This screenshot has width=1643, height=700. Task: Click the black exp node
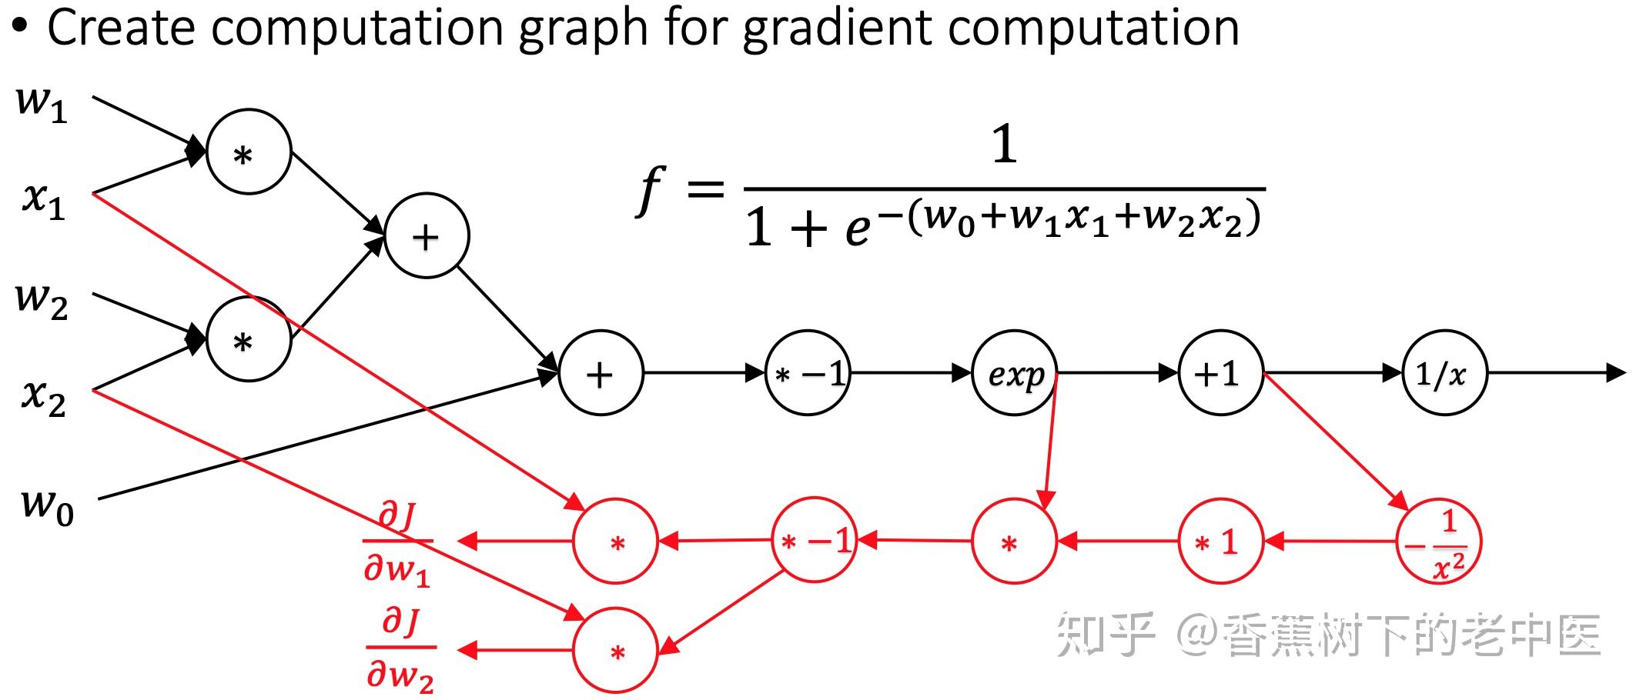(x=1015, y=374)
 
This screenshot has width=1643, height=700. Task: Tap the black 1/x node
(x=1444, y=374)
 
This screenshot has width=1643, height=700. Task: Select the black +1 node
(x=1221, y=374)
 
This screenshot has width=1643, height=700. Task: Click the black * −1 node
(x=808, y=374)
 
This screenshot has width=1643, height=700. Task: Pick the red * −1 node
(x=815, y=540)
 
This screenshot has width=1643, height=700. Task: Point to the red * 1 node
(x=1221, y=542)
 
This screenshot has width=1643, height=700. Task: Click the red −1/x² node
(x=1439, y=542)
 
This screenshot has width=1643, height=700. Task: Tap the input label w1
(x=42, y=103)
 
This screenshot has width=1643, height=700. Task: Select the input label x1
(x=43, y=200)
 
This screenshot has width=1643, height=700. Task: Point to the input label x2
(x=43, y=397)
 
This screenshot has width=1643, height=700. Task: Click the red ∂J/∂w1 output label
(x=397, y=543)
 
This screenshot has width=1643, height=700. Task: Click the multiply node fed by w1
(x=249, y=152)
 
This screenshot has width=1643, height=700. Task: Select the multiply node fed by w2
(x=249, y=339)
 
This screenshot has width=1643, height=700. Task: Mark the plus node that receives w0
(x=601, y=374)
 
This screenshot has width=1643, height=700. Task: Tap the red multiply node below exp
(x=1015, y=542)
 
